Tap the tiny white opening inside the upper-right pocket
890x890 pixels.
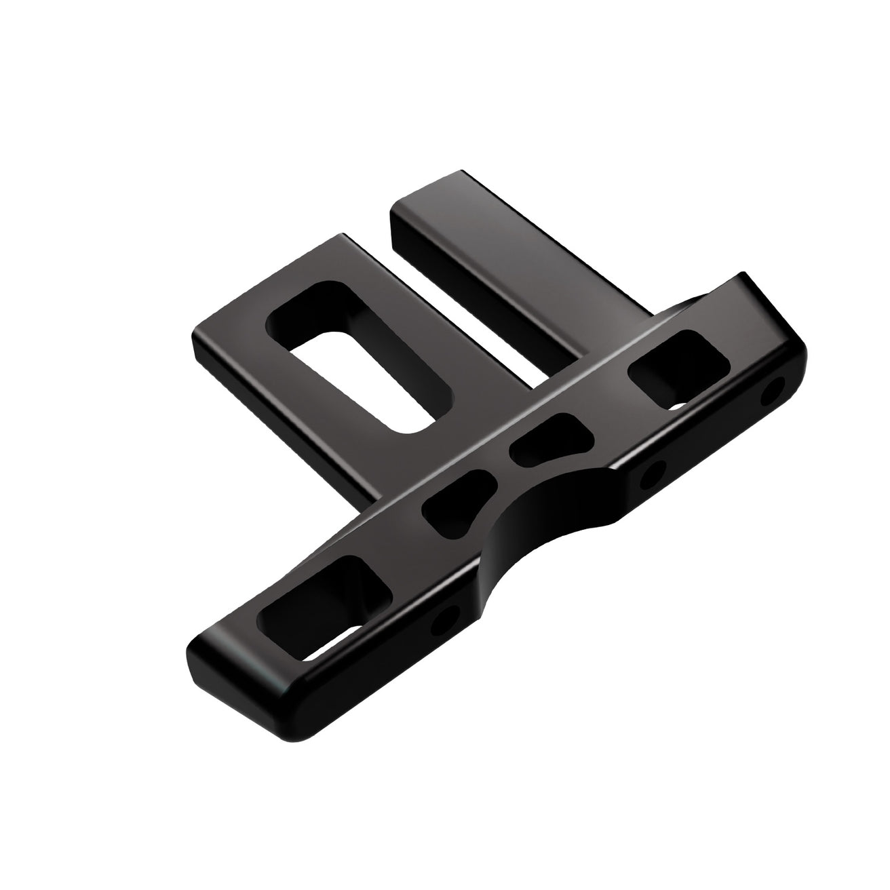pyautogui.click(x=678, y=406)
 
